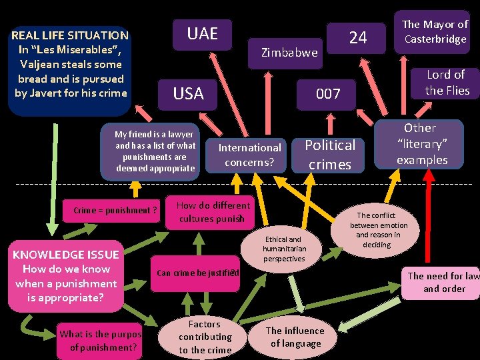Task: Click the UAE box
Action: (x=203, y=33)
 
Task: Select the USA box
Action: (x=189, y=93)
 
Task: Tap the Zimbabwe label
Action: (x=289, y=52)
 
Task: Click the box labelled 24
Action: (x=358, y=38)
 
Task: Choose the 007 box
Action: (x=328, y=94)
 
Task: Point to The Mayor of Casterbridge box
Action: (x=435, y=31)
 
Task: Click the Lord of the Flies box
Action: (x=447, y=83)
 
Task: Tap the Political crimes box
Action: (x=329, y=154)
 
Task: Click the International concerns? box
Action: (x=250, y=155)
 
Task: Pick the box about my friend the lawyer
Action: (x=155, y=151)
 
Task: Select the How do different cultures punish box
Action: (x=213, y=212)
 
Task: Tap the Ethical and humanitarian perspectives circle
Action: (x=284, y=249)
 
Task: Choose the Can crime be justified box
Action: (x=197, y=272)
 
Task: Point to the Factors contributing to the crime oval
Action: (x=205, y=337)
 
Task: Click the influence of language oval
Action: (x=295, y=337)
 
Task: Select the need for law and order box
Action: (x=443, y=282)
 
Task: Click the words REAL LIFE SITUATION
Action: (x=70, y=35)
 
